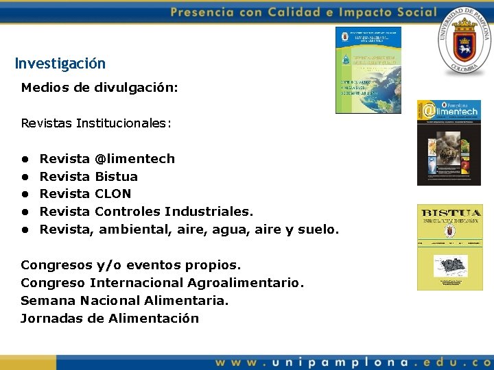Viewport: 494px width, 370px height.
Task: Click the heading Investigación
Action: point(60,64)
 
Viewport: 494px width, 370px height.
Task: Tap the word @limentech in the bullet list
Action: point(134,159)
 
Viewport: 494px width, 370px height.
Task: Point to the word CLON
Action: point(113,194)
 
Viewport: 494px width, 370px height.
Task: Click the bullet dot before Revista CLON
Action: point(25,195)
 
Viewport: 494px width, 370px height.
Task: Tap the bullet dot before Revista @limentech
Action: point(25,159)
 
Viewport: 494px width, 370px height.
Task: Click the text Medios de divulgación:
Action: point(99,88)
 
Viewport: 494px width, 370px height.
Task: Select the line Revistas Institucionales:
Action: point(96,123)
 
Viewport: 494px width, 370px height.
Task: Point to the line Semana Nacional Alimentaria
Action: point(124,301)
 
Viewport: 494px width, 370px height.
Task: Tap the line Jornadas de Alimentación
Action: point(110,319)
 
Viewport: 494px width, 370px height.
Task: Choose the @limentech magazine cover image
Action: point(449,142)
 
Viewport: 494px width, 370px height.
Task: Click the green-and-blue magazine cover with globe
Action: point(368,70)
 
